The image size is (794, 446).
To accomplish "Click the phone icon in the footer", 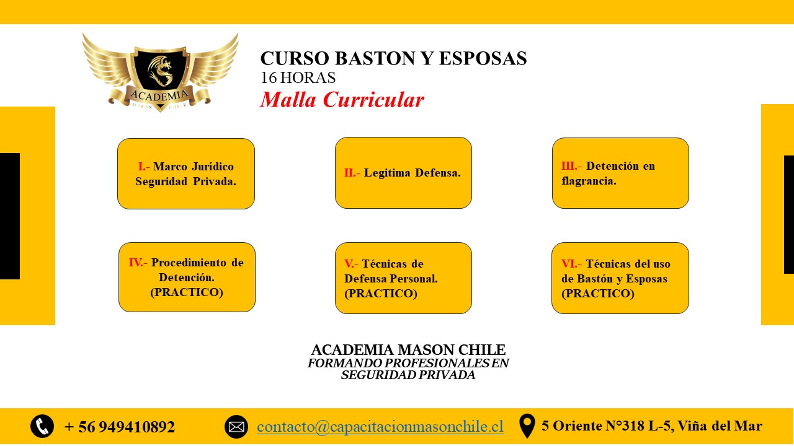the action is [42, 426].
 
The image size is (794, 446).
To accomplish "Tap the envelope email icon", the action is [236, 427].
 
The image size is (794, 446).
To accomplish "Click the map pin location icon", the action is [527, 426].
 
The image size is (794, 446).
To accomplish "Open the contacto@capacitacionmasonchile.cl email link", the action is [380, 427].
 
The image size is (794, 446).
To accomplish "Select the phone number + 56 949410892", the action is [120, 427].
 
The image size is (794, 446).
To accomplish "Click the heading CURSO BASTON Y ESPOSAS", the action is [393, 58].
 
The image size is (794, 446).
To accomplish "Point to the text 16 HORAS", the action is [298, 78].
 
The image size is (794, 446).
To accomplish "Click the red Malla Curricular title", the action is [342, 100].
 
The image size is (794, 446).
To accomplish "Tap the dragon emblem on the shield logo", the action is [160, 71].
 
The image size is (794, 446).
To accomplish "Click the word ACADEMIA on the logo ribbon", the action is [159, 95].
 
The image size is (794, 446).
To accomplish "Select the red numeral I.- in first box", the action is [143, 167].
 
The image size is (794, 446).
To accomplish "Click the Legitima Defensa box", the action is [403, 173].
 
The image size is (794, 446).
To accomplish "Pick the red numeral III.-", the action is [571, 165].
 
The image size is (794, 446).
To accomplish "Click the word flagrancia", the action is [589, 181].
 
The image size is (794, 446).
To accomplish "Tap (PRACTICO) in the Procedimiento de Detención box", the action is [187, 292].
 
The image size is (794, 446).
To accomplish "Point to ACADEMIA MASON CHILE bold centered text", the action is [408, 350].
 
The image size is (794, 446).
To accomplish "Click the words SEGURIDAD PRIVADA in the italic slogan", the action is [408, 375].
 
